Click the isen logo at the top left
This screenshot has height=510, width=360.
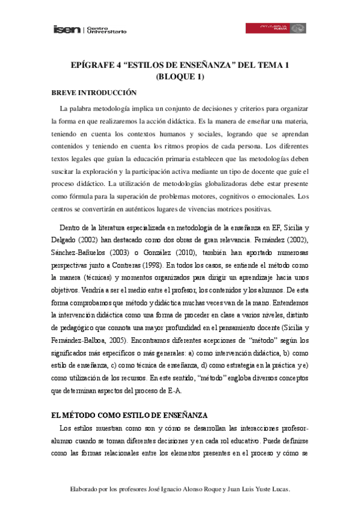(x=67, y=29)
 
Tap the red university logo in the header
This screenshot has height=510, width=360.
(x=276, y=28)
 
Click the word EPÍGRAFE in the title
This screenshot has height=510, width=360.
(x=91, y=64)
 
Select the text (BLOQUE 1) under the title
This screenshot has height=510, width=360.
(x=180, y=76)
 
